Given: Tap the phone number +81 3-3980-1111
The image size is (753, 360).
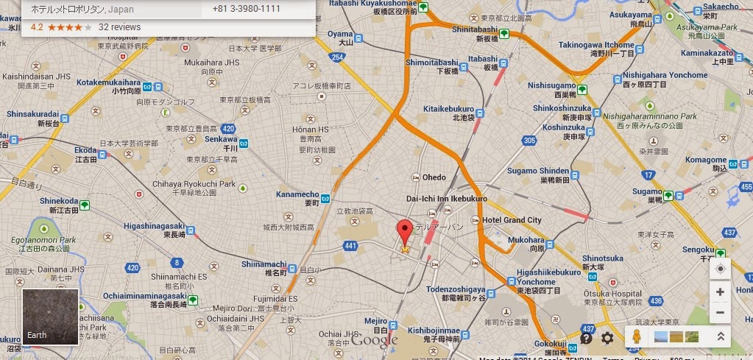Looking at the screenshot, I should [x=246, y=8].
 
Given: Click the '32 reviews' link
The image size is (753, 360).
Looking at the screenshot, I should [x=119, y=27].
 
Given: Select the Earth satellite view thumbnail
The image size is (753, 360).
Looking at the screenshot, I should [x=50, y=317].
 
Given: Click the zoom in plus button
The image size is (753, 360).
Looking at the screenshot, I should [x=720, y=292].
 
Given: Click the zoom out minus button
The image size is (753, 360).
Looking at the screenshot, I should [x=720, y=312].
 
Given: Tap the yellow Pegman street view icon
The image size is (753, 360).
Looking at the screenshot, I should [x=636, y=337].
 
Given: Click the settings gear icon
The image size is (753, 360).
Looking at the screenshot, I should [x=607, y=338].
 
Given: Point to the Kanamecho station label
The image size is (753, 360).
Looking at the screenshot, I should [x=297, y=194].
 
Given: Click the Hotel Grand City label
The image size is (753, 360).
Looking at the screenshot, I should [x=512, y=220].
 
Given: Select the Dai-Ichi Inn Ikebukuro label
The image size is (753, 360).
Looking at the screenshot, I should [x=446, y=199].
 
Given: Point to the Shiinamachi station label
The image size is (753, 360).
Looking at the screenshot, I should [x=263, y=264].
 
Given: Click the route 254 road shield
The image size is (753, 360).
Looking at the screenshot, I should [x=338, y=57].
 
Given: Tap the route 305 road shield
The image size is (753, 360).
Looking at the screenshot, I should [x=528, y=140].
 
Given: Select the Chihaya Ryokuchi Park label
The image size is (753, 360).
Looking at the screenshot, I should [x=194, y=183].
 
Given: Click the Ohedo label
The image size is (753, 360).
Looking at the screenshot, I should [x=434, y=177].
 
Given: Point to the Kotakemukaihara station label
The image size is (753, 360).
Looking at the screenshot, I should [x=108, y=82].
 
